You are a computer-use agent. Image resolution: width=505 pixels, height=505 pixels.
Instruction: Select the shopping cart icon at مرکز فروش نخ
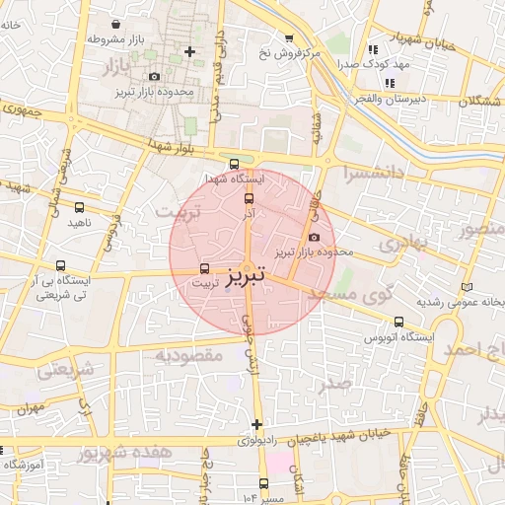(289, 37)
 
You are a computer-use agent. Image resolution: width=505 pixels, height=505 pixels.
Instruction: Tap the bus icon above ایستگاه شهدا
(233, 165)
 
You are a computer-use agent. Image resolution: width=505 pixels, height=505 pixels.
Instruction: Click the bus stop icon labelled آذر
(249, 199)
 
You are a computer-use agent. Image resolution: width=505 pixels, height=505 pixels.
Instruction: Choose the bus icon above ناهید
(79, 208)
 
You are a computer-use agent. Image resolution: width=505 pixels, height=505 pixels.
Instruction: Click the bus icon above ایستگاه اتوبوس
(398, 322)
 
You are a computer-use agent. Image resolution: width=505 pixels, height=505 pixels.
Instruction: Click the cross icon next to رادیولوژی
(256, 424)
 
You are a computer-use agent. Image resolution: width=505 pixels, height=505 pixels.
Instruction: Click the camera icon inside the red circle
(314, 237)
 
